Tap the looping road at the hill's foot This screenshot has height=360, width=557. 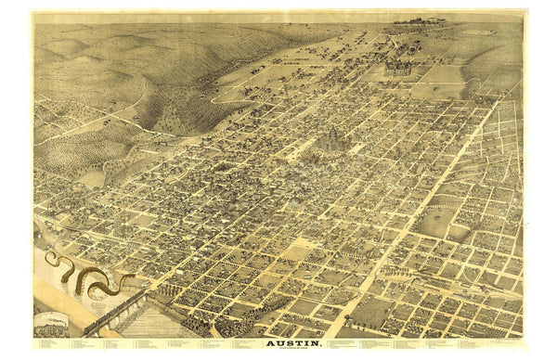click(227, 93)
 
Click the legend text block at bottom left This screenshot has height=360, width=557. click(139, 346)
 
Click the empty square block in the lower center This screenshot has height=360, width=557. click(297, 251)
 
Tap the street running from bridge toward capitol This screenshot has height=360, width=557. click(232, 223)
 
